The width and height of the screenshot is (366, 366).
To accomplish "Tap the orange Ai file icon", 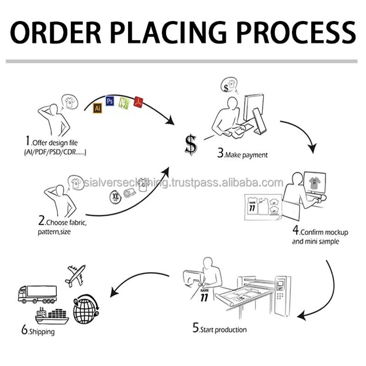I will click(97, 108).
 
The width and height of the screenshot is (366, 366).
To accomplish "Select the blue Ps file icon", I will click(110, 101).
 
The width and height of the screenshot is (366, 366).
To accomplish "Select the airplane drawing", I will click(76, 274).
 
